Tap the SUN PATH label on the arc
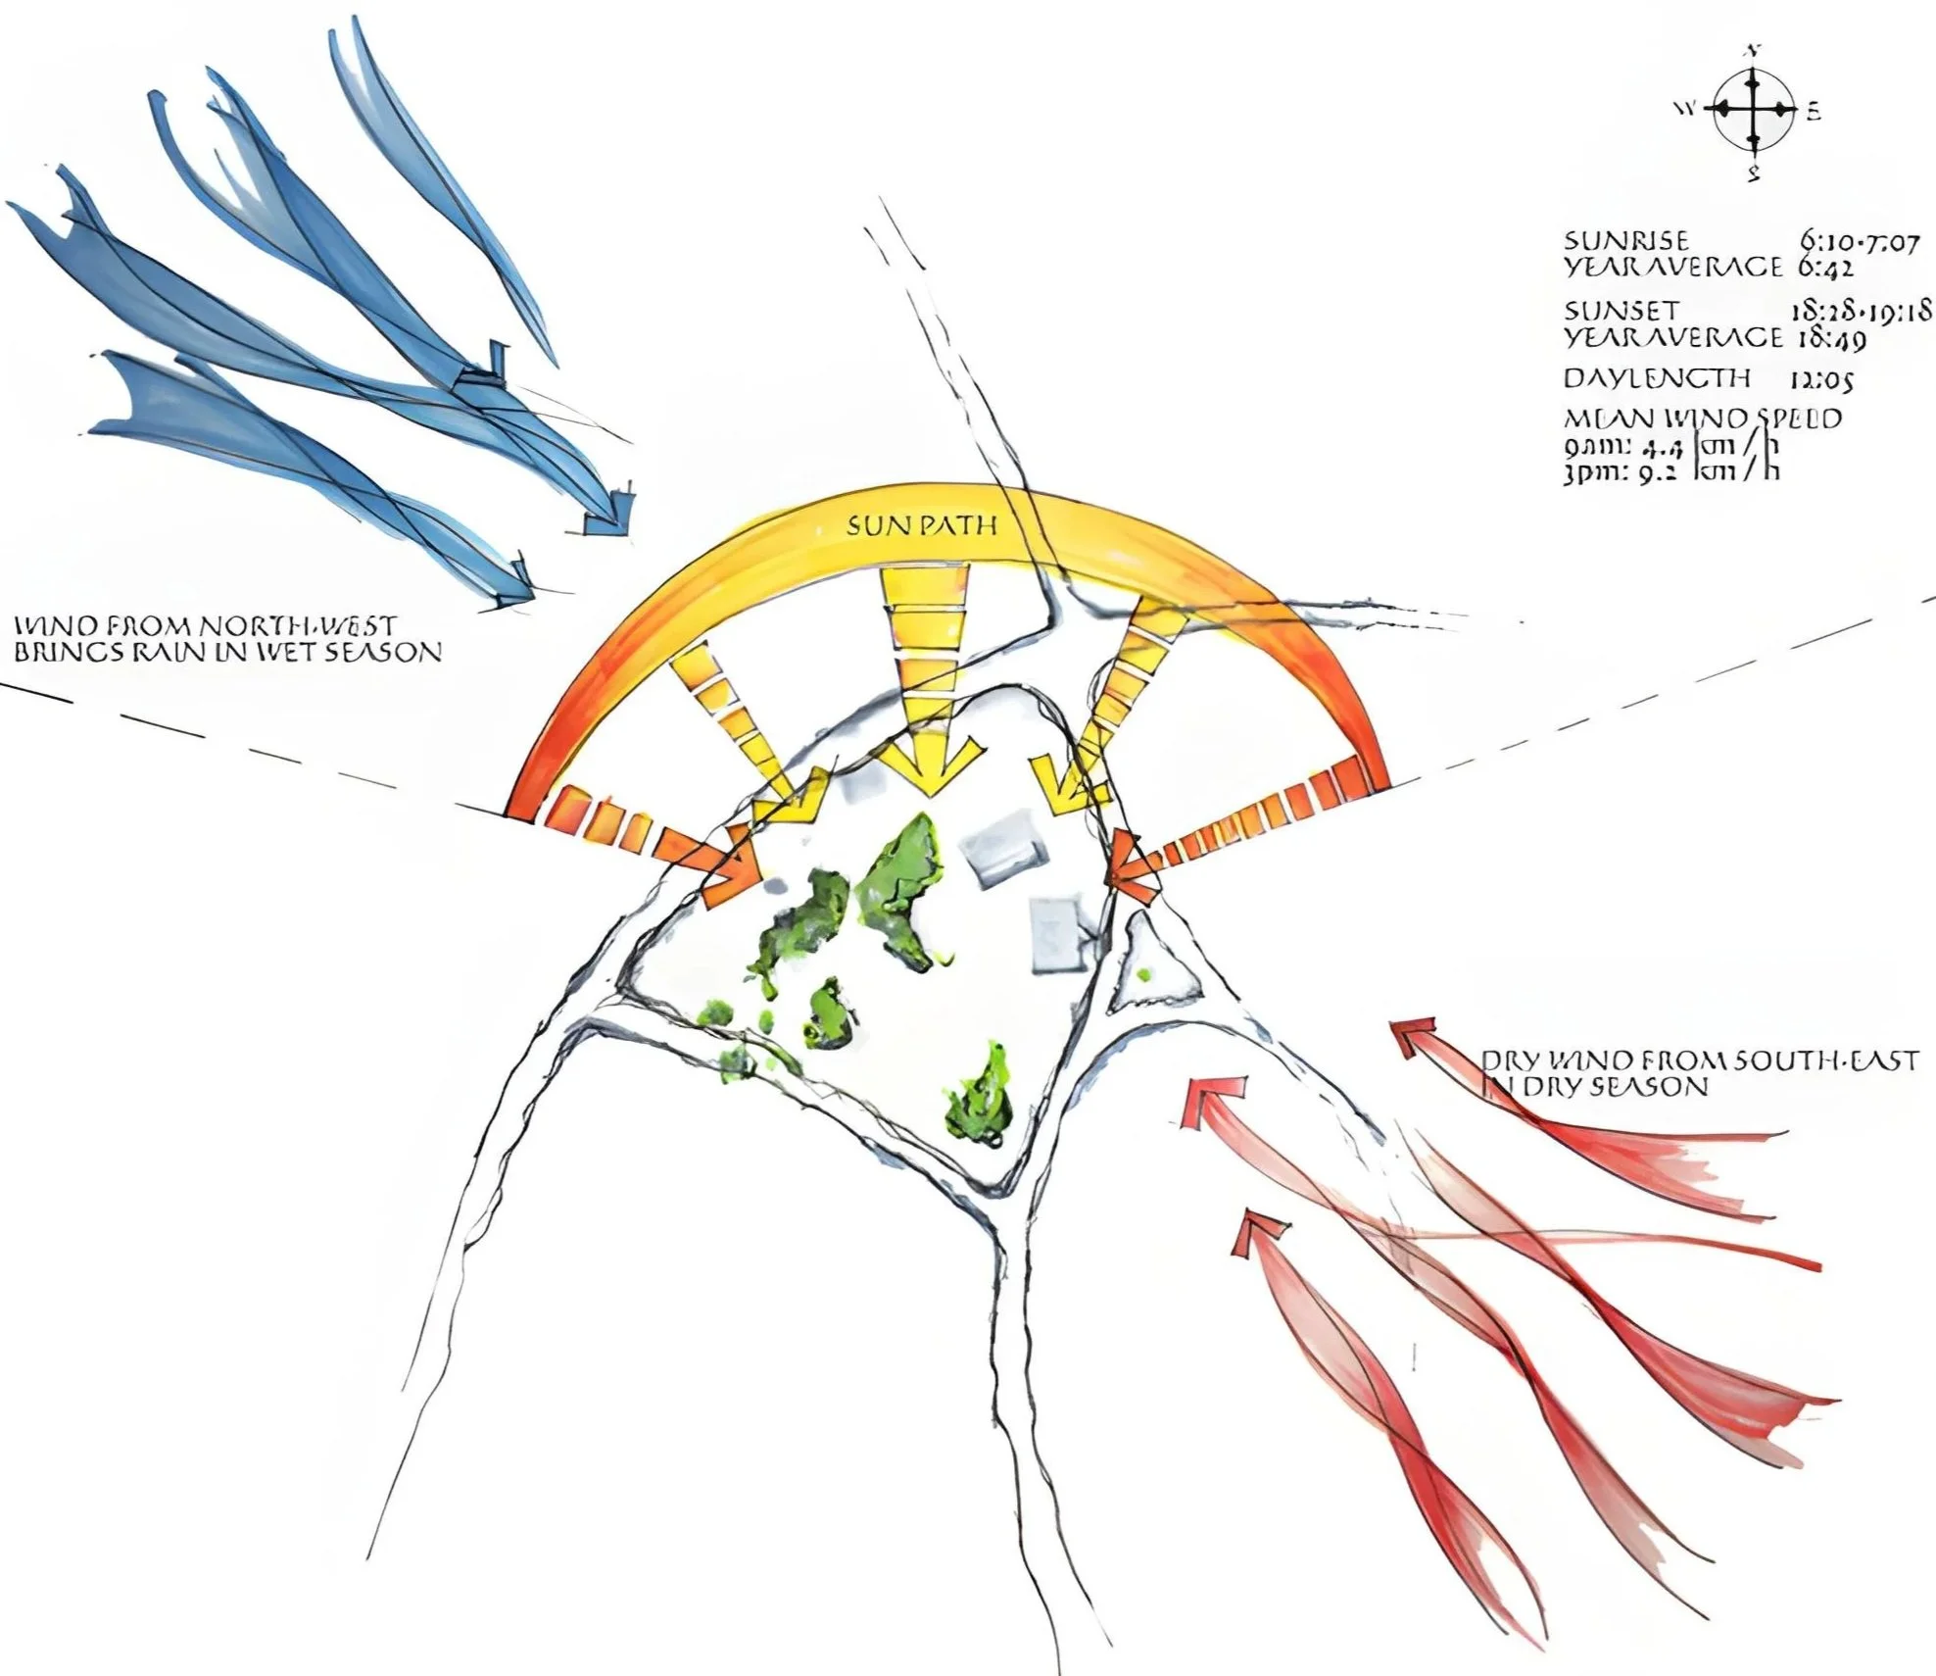(921, 526)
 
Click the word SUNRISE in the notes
(1613, 241)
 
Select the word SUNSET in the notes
(1608, 311)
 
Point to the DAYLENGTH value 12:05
(1821, 379)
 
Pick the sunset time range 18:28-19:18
(1861, 311)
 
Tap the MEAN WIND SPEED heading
(1702, 419)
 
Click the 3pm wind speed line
(1670, 472)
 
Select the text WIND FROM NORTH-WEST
(205, 625)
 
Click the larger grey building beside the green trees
(1000, 848)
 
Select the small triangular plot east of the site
(1156, 965)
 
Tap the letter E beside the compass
(1814, 113)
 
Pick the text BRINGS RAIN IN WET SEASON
(227, 652)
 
